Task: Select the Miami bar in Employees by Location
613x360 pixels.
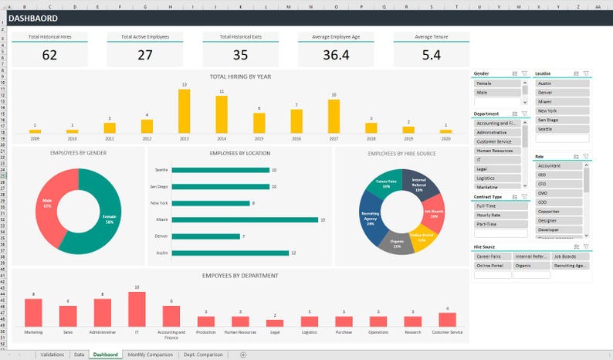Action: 245,219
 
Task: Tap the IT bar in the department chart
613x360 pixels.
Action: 137,309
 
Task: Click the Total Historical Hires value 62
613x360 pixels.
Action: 49,55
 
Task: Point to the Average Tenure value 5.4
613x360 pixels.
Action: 431,55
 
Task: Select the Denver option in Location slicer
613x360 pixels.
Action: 561,92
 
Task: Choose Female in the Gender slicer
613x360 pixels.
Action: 498,83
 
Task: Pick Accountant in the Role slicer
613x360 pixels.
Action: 557,165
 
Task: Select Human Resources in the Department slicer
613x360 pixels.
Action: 498,151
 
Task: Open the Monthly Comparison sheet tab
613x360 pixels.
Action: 151,354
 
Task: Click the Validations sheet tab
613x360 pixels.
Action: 52,354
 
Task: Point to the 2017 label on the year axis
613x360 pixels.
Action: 334,139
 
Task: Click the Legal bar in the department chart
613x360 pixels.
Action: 275,321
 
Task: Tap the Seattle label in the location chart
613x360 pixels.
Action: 161,169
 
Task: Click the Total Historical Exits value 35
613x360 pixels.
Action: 240,55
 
